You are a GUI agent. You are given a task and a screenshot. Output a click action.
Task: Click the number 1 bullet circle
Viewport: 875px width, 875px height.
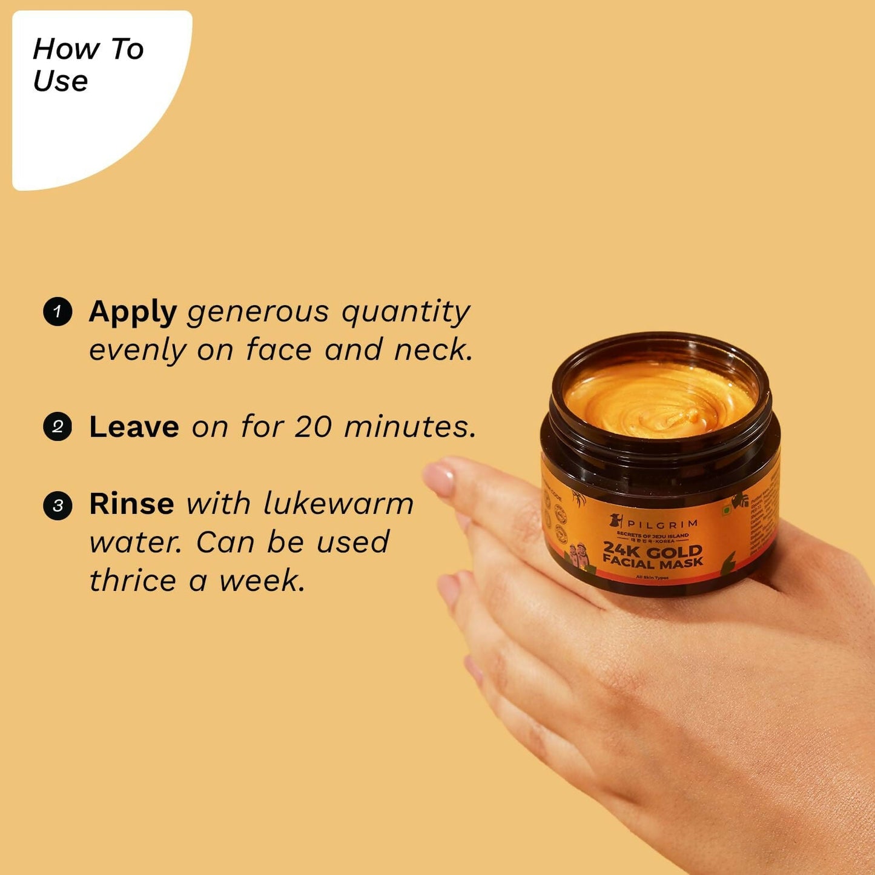coord(58,311)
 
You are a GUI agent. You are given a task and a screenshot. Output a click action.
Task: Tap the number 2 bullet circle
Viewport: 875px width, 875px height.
coord(58,426)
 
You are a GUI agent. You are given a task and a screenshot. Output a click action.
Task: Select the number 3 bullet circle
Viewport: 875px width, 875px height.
coord(58,505)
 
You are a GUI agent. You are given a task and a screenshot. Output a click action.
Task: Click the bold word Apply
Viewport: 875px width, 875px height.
coord(133,312)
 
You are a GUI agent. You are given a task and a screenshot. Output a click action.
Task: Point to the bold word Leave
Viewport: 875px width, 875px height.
coord(134,427)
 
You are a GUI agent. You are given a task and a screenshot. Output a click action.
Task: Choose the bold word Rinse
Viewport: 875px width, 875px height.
coord(131,504)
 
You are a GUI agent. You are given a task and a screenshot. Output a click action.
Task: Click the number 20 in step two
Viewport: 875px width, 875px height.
coord(313,427)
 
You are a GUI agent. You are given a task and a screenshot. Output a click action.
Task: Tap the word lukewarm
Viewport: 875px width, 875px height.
coord(338,504)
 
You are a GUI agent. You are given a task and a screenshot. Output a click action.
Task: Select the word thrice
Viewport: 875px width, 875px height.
coord(133,580)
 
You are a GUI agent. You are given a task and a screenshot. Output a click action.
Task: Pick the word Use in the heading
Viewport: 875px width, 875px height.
coord(61,81)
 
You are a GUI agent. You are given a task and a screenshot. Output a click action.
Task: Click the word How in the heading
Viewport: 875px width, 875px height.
coord(66,49)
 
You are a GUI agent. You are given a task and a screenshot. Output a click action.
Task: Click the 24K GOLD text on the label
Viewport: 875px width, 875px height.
coord(652,550)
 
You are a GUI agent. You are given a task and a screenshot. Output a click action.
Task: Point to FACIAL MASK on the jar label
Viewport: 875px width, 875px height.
coord(653,563)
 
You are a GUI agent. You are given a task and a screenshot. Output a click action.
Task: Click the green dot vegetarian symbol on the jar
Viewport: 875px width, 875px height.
coord(727,510)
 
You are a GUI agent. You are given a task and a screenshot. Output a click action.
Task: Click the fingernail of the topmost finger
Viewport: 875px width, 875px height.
coord(438,478)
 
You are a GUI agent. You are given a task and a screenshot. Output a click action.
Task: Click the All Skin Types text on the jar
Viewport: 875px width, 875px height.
coord(652,578)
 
